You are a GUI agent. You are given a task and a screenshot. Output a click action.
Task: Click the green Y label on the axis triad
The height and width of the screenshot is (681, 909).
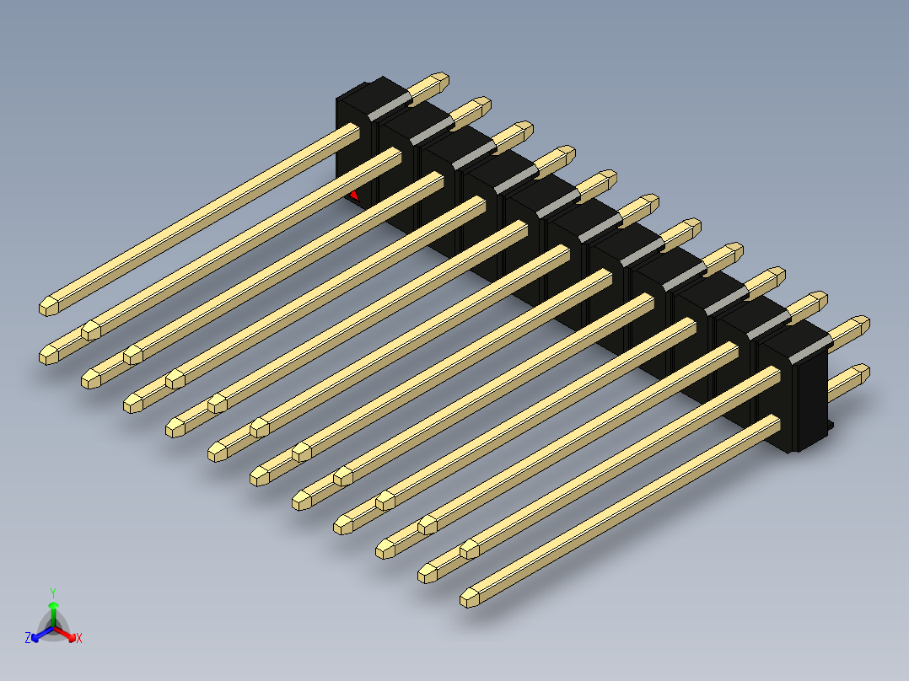coord(53,593)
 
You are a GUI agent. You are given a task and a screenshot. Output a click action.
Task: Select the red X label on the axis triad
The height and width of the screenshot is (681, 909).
coord(79,639)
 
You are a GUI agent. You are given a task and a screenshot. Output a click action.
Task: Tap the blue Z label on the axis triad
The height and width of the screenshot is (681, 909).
coord(28,639)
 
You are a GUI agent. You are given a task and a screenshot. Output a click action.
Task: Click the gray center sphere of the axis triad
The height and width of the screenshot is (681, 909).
coord(53,628)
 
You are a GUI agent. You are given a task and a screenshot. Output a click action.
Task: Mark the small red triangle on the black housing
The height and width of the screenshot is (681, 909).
coord(354,196)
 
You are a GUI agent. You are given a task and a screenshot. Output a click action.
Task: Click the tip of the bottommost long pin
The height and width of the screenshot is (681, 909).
coord(469,598)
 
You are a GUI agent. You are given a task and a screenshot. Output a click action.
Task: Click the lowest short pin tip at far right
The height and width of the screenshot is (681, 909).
coord(861,373)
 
